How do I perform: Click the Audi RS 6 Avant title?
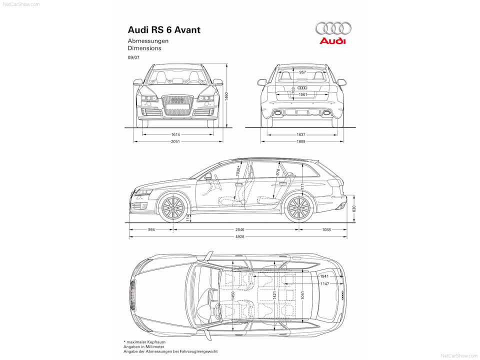click(x=164, y=30)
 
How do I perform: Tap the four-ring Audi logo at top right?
click(x=333, y=28)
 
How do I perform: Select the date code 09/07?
click(x=133, y=57)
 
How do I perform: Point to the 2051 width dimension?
click(x=175, y=141)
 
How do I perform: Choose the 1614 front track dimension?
click(x=175, y=134)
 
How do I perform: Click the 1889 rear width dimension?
click(x=301, y=141)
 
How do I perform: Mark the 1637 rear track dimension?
click(x=301, y=134)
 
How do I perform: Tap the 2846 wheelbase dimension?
click(x=239, y=229)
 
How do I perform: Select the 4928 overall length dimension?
click(x=239, y=236)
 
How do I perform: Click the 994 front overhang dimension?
click(x=151, y=229)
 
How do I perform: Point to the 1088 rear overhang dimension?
click(x=326, y=229)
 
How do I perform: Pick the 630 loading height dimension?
click(x=354, y=209)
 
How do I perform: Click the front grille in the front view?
click(x=178, y=105)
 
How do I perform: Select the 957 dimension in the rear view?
click(x=302, y=72)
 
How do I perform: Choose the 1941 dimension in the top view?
click(x=324, y=276)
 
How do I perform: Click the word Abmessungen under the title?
click(x=148, y=41)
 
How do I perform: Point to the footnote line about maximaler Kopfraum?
click(x=144, y=342)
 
